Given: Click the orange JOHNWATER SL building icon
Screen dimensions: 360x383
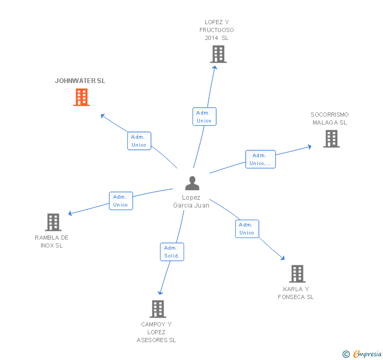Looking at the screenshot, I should [82, 97].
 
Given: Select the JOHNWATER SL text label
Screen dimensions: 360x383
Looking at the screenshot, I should [80, 81].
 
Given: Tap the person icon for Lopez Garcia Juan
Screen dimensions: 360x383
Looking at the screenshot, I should [193, 183].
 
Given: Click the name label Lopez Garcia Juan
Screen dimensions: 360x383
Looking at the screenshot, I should [191, 201].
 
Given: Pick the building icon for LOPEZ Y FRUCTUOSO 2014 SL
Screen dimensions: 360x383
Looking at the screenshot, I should [218, 54].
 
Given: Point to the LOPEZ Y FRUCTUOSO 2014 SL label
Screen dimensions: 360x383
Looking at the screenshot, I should [217, 30].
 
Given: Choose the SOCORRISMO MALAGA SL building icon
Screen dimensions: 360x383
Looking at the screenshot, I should [331, 139].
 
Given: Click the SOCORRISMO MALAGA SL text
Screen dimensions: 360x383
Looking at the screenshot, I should [329, 119].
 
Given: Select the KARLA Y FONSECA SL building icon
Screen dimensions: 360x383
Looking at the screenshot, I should [297, 274].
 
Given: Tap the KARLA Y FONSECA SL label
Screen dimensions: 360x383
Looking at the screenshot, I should [296, 293].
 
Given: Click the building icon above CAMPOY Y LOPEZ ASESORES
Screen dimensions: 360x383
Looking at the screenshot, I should [158, 309].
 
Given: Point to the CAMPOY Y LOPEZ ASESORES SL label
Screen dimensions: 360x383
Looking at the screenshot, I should [156, 332].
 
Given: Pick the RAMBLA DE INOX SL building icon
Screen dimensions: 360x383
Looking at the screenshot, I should [53, 222].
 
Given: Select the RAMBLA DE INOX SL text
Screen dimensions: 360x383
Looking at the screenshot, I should [52, 242].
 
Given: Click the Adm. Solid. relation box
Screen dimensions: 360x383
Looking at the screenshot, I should [172, 252].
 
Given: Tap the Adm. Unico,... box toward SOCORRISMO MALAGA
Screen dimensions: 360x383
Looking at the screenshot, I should [260, 159].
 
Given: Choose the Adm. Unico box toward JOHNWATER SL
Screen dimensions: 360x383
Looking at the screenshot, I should [139, 141].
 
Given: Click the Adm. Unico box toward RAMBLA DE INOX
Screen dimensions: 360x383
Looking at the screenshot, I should [120, 201].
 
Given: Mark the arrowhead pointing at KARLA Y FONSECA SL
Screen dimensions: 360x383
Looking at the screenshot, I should [283, 258].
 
